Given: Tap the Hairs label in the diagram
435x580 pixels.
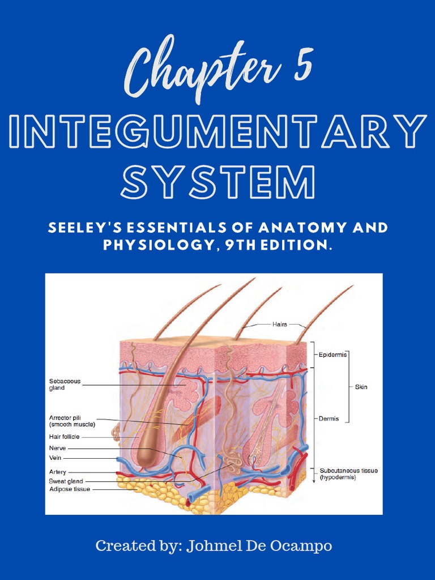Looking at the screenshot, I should [x=280, y=325].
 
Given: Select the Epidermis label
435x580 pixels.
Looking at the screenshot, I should [x=332, y=355].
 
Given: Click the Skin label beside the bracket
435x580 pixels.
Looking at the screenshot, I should [x=361, y=387].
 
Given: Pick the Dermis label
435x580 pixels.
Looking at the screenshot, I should [x=329, y=419].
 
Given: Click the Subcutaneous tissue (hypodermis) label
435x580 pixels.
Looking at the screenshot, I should [x=348, y=474].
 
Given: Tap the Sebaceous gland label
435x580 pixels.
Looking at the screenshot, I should [x=65, y=385].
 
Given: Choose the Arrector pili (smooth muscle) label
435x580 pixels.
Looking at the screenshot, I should [x=72, y=420].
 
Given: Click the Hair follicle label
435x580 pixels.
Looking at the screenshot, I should [x=64, y=437].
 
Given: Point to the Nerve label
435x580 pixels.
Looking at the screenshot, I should [x=57, y=448].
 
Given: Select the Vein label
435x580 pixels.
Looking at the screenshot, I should [x=55, y=458].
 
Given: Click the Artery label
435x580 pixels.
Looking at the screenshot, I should [x=57, y=472].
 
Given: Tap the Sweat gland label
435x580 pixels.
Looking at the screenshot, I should [x=66, y=481].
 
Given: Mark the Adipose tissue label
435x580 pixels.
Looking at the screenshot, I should [x=69, y=489].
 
